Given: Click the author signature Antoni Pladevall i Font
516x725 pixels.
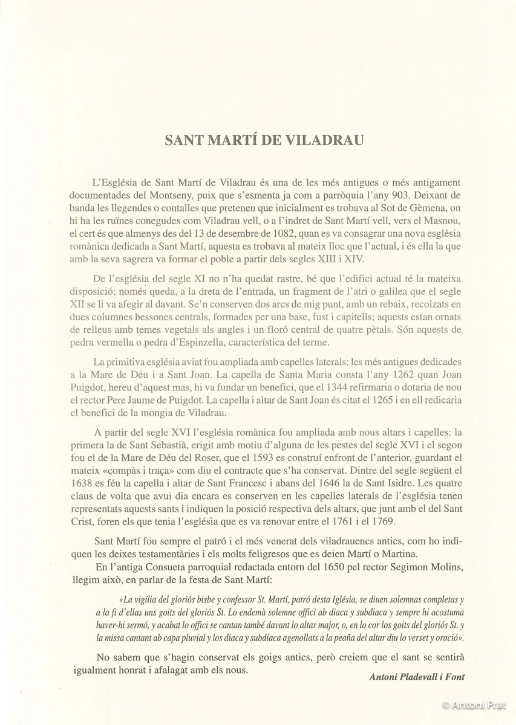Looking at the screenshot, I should click(x=417, y=677).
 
